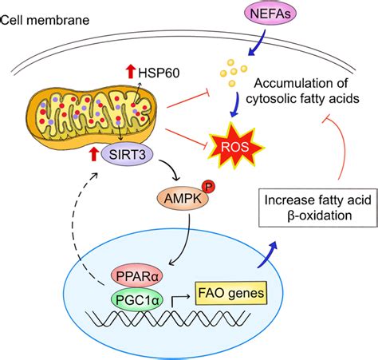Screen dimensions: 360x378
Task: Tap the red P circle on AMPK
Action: point(230,186)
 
